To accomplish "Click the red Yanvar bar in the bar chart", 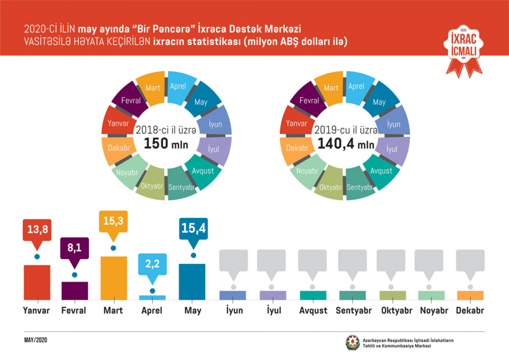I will point(37,282).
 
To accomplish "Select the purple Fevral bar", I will point(75,290).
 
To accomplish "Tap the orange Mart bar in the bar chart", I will point(113,278).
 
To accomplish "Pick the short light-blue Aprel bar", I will point(152,298).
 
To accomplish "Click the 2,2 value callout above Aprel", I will point(152,264).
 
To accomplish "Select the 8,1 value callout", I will point(75,248).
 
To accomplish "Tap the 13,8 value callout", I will point(37,230).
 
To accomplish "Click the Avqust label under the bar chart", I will point(313,310).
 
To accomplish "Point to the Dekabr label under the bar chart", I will point(470,310).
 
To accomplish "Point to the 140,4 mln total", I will point(344,145).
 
